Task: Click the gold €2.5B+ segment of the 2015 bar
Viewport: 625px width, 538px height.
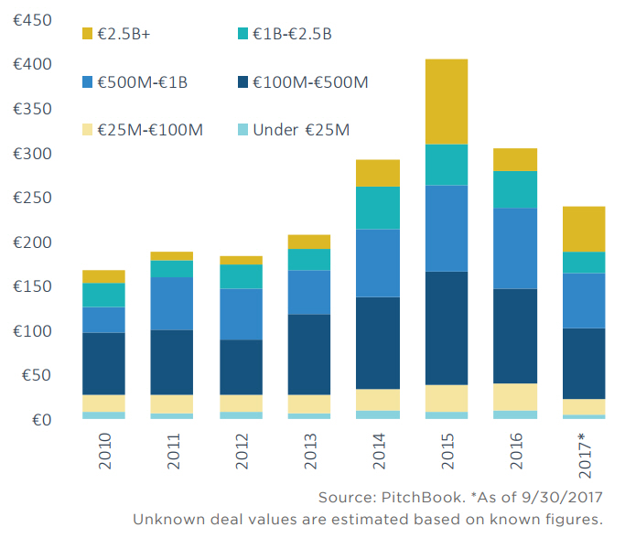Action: click(447, 102)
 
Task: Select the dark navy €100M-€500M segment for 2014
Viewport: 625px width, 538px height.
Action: click(378, 343)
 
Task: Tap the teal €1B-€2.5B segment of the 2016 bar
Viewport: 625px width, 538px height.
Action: click(514, 189)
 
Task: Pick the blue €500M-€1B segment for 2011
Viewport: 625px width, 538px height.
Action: click(172, 303)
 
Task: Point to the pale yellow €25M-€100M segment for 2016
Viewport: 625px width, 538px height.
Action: click(514, 396)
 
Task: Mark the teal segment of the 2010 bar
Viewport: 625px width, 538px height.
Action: click(103, 295)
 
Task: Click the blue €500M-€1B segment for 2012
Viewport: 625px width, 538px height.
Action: click(241, 314)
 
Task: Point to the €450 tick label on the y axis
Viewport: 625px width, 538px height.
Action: click(32, 20)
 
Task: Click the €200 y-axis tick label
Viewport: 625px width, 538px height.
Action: click(32, 242)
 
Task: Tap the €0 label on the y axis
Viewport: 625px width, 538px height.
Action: click(40, 420)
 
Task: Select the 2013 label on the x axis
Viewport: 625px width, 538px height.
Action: click(309, 454)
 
